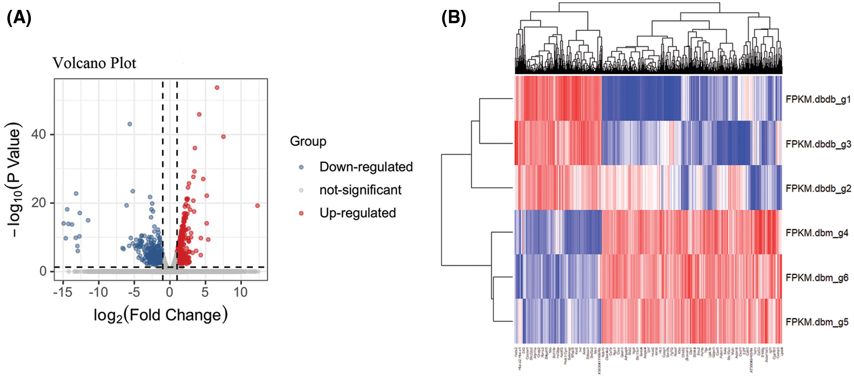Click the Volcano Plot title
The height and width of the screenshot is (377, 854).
(x=94, y=63)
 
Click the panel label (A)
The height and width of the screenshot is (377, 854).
(x=19, y=18)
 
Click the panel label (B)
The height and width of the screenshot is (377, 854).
(x=454, y=18)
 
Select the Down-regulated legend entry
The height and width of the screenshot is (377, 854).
(x=366, y=167)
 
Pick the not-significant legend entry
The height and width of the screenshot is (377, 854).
(x=360, y=190)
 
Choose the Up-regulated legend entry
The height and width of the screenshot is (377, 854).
(x=357, y=213)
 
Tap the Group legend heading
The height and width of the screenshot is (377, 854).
(x=308, y=141)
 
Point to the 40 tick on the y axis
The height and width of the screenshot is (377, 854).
(x=39, y=134)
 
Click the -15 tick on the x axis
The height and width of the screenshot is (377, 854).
(x=63, y=292)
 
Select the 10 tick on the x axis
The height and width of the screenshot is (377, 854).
(x=241, y=292)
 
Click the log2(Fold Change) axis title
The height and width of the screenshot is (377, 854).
(x=161, y=315)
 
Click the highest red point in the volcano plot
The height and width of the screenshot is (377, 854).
(x=217, y=88)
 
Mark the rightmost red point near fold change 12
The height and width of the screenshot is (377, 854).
(x=257, y=206)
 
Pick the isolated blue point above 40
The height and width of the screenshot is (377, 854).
(x=130, y=124)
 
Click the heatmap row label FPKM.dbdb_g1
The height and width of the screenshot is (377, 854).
(x=818, y=100)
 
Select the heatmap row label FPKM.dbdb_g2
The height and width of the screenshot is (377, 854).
(x=818, y=189)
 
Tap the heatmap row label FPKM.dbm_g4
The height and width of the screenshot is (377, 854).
(x=817, y=233)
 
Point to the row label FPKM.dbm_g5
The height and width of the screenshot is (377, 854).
(x=817, y=322)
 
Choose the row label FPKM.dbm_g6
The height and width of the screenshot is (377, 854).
(x=817, y=278)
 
